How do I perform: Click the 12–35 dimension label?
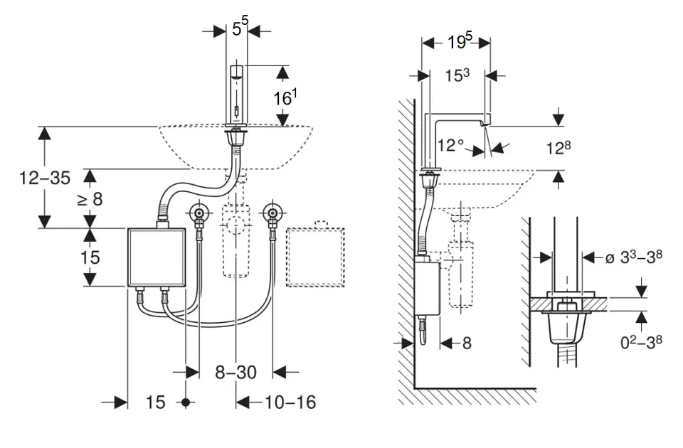pyautogui.click(x=44, y=178)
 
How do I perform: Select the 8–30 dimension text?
pyautogui.click(x=237, y=371)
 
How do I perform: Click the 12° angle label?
pyautogui.click(x=451, y=145)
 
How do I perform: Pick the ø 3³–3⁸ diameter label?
pyautogui.click(x=634, y=257)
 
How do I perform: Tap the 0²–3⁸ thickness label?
pyautogui.click(x=641, y=342)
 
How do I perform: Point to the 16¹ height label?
pyautogui.click(x=284, y=98)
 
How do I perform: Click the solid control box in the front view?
pyautogui.click(x=156, y=257)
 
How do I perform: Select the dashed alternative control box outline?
pyautogui.click(x=314, y=257)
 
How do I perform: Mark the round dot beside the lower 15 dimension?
pyautogui.click(x=186, y=402)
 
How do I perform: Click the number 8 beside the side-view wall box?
pyautogui.click(x=467, y=343)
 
